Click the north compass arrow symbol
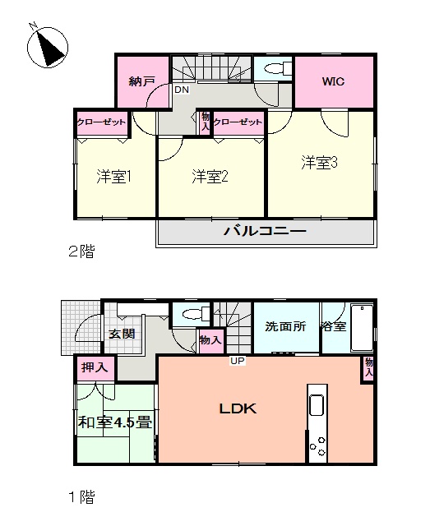(48, 46)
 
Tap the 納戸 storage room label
(142, 81)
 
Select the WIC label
(333, 81)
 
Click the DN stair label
(182, 90)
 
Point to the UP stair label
(238, 361)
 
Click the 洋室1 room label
(113, 177)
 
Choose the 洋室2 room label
(210, 177)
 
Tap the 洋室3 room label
(319, 163)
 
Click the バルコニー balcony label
(266, 231)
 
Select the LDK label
(238, 408)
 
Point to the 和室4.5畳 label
(115, 422)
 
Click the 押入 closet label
(95, 367)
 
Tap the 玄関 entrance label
(122, 334)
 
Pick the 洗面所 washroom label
(285, 326)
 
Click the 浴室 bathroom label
(334, 326)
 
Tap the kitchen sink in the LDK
(317, 405)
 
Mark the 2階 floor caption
(81, 251)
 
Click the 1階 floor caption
(81, 496)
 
